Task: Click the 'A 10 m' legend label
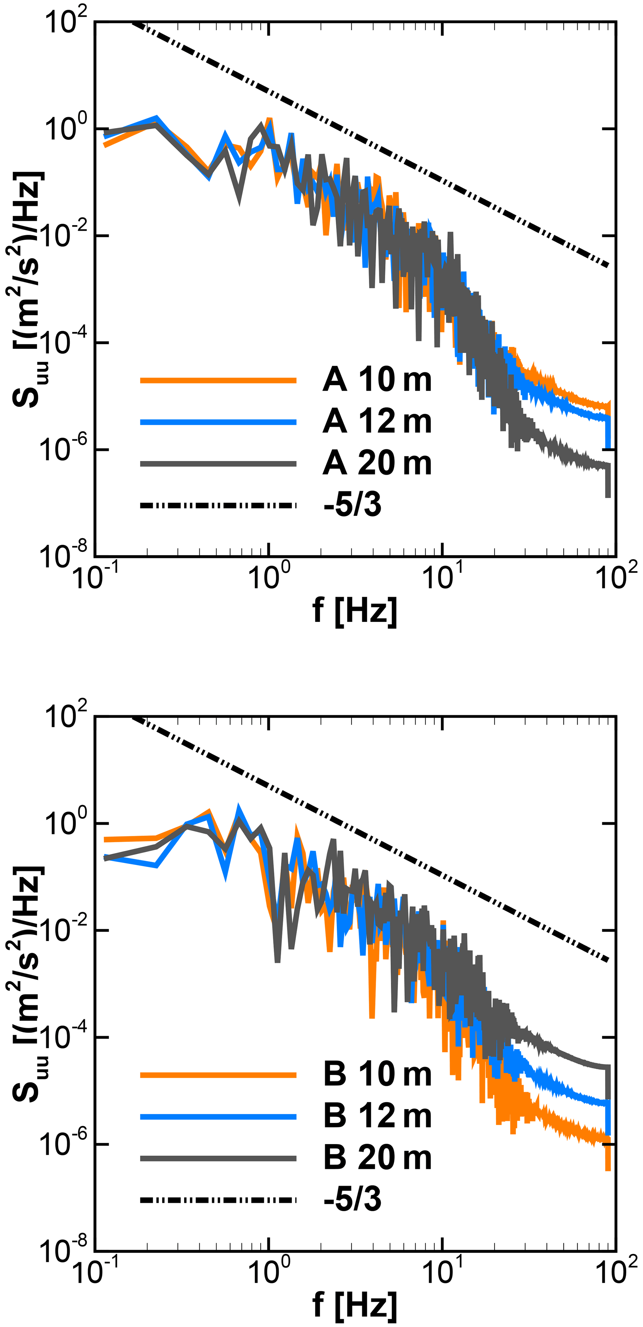377,380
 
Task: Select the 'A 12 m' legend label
377,422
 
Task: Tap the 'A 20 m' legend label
377,463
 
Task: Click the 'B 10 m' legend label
377,1075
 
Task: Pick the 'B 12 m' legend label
377,1116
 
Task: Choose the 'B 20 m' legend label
377,1158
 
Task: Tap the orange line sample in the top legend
218,380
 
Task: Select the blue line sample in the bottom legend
218,1116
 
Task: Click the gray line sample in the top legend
218,463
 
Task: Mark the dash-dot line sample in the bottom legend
218,1200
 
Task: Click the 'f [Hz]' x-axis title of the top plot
355,611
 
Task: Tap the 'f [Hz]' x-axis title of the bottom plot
355,1306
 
